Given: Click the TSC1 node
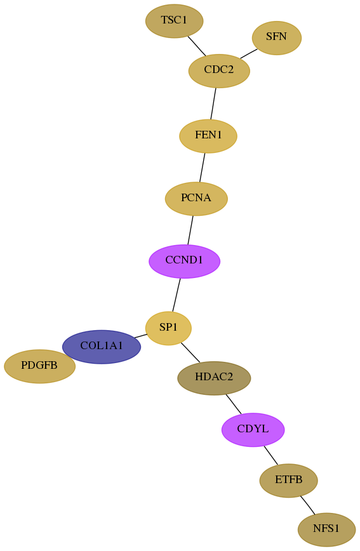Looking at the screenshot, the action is [x=174, y=21].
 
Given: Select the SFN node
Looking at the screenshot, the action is [x=276, y=37].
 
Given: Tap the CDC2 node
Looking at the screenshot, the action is [x=219, y=70].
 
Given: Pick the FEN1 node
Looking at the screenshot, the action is [x=208, y=136].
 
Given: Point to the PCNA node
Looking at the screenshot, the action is [x=196, y=199].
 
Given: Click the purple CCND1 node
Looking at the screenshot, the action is [x=184, y=261].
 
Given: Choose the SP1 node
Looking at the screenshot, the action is [x=168, y=328].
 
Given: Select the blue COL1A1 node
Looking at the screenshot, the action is [x=101, y=347].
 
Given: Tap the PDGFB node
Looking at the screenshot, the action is [x=39, y=366].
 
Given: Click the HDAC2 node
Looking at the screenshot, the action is [x=214, y=378].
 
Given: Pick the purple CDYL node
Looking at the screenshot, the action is [x=253, y=429].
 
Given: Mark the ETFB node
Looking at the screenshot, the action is [x=288, y=481].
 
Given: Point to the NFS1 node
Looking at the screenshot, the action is [x=326, y=529].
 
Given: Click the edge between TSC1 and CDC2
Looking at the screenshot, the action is [x=197, y=46].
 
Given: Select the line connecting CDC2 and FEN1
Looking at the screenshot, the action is [x=213, y=103].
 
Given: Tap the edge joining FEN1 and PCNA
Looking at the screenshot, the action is [x=202, y=168].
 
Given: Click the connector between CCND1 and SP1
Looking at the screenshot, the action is [x=176, y=295].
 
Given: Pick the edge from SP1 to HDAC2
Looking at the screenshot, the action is [x=190, y=352].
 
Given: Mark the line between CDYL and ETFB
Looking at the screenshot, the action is [x=270, y=455].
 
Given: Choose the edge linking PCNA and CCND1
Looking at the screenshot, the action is [x=190, y=230].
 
